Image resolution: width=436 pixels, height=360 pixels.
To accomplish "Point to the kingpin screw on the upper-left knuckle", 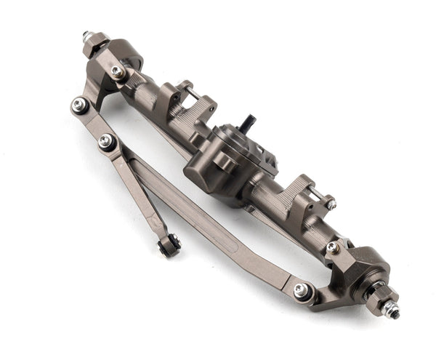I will pos(116,71).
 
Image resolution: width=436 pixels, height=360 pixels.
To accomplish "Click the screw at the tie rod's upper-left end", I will pos(79,105).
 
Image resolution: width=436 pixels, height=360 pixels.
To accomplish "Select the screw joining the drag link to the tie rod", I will pos(107,140).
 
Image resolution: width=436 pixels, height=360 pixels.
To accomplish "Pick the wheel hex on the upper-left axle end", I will pos(95,44).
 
